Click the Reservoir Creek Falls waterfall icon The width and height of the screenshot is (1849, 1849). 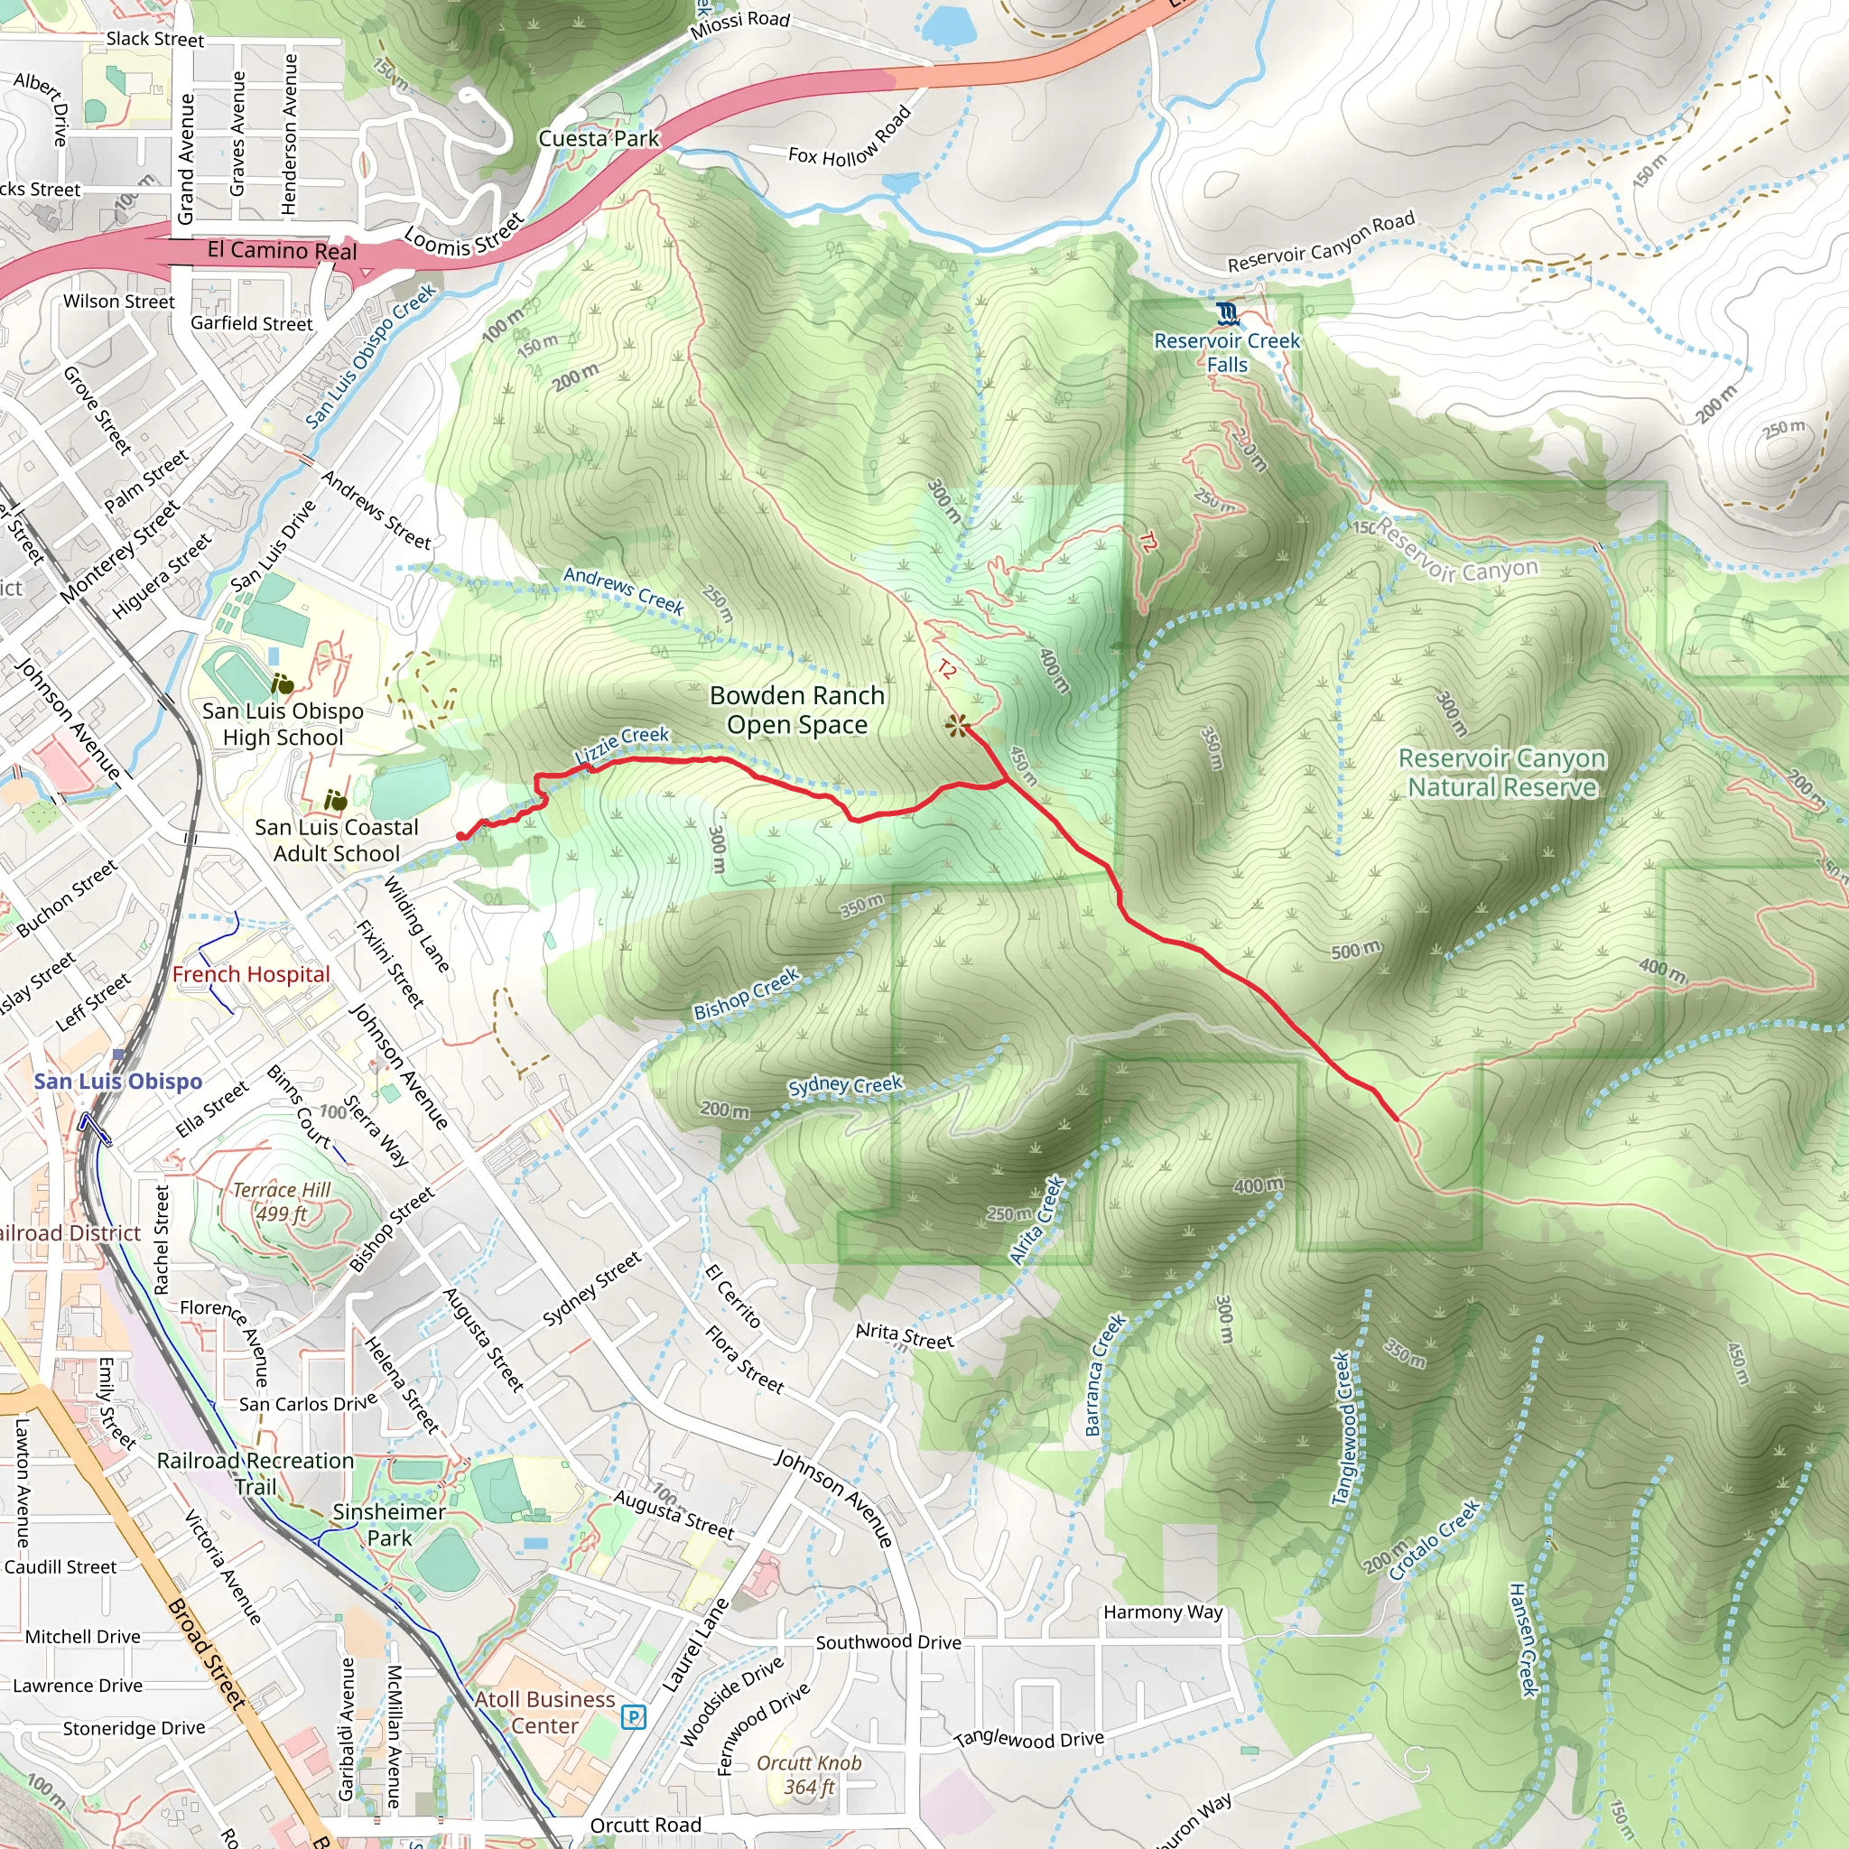pos(1227,313)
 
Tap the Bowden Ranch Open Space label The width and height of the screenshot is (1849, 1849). pos(797,711)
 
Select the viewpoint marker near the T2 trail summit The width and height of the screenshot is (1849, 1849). pos(956,726)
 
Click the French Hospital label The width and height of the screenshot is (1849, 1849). pos(251,974)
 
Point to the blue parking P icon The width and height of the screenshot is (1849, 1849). pos(633,1718)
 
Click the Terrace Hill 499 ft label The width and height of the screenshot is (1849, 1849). pos(282,1202)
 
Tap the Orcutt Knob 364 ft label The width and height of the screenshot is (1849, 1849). pos(809,1774)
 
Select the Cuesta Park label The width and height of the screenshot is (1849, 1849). pos(599,139)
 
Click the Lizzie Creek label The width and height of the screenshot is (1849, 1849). pos(622,744)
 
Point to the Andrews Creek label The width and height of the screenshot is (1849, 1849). pos(623,590)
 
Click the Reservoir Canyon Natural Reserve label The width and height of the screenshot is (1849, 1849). pos(1501,772)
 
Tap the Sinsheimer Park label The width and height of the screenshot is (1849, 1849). pos(388,1525)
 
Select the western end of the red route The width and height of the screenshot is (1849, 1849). pos(461,836)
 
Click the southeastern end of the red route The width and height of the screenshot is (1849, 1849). pos(1396,1117)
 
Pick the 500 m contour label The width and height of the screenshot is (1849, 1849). pos(1356,951)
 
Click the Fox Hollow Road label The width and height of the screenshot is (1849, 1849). pos(850,136)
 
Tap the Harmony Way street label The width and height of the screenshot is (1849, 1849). pos(1163,1612)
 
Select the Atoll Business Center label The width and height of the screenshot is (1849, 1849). pos(544,1712)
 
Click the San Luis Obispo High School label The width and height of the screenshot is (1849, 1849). pos(283,723)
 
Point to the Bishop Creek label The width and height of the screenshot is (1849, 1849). pos(746,994)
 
